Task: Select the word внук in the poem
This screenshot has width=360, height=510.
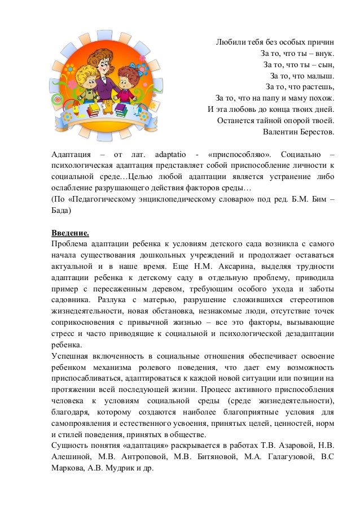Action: click(323, 54)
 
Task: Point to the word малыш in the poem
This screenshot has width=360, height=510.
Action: click(319, 76)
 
